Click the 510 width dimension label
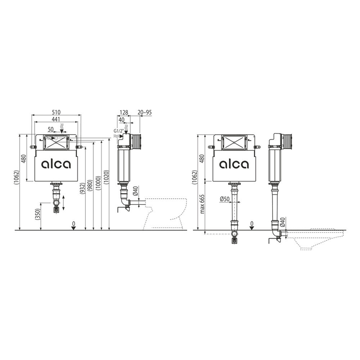pyautogui.click(x=56, y=112)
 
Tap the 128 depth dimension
pyautogui.click(x=124, y=112)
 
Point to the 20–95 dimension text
pyautogui.click(x=145, y=112)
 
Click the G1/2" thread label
pyautogui.click(x=118, y=131)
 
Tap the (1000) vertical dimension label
pyautogui.click(x=98, y=183)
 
